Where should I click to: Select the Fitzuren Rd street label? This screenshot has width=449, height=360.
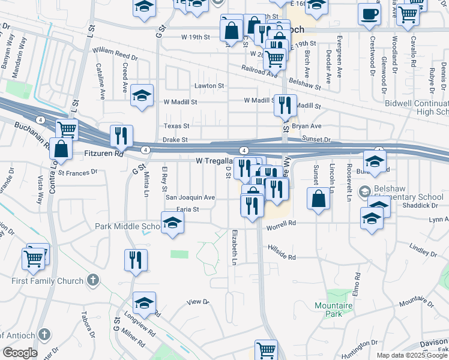(103, 154)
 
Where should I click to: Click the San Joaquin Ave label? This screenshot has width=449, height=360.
(190, 197)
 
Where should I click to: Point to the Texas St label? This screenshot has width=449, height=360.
(177, 126)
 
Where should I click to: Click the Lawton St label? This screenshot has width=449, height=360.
(209, 86)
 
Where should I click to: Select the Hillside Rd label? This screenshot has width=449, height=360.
(282, 253)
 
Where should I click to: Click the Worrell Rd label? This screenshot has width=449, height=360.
(282, 223)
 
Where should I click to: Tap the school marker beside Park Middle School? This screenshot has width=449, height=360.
(172, 223)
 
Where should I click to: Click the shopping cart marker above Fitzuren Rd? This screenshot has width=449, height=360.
(67, 129)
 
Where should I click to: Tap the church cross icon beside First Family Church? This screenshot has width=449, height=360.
(92, 280)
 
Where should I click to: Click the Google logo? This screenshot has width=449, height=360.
(20, 353)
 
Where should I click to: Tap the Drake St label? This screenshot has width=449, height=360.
(176, 140)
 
